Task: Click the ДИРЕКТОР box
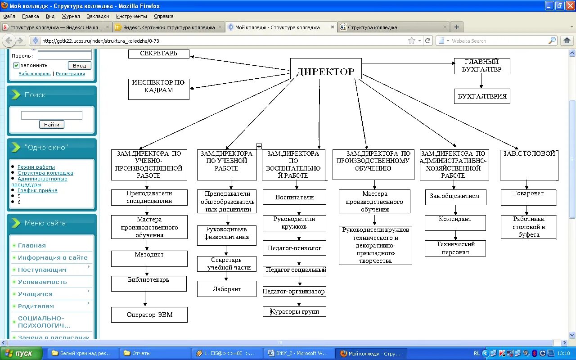click(x=326, y=71)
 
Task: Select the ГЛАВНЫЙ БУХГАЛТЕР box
click(x=481, y=66)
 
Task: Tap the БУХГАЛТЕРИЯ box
click(x=482, y=96)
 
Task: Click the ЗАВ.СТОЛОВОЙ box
click(x=529, y=165)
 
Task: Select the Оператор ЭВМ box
click(x=149, y=315)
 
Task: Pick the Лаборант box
click(x=227, y=289)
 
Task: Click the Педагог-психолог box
click(x=294, y=248)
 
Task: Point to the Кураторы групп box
click(x=295, y=311)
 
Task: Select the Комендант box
click(x=455, y=222)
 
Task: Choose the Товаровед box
click(x=529, y=197)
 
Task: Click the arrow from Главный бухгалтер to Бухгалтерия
click(x=481, y=81)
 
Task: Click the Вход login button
click(x=79, y=65)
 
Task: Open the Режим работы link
click(x=36, y=167)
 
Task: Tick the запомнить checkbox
click(x=16, y=65)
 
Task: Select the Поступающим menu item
click(x=42, y=270)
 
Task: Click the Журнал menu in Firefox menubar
click(x=71, y=16)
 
